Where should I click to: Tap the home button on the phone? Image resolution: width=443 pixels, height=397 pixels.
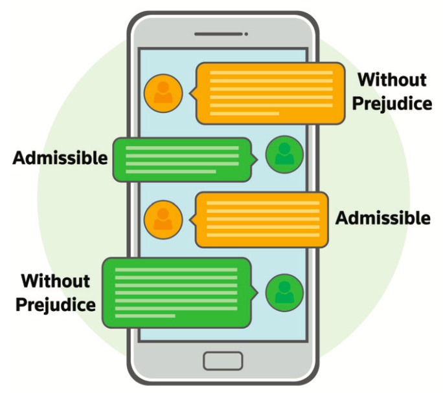[x=223, y=361]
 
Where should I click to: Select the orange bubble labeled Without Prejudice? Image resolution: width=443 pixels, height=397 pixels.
[x=271, y=93]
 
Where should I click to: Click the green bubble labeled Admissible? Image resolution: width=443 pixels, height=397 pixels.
[x=181, y=159]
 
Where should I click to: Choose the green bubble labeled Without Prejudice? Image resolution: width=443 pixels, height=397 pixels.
[x=176, y=292]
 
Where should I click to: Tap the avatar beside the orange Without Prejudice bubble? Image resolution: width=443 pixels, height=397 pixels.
[x=163, y=94]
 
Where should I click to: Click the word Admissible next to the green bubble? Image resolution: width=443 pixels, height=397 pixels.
[x=60, y=157]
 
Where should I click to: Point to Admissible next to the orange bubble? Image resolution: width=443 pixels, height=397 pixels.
[x=382, y=218]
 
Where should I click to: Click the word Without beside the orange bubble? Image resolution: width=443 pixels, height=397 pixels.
[x=392, y=80]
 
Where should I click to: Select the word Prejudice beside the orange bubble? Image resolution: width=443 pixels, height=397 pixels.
[x=392, y=103]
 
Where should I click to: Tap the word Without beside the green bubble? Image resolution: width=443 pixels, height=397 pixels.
[x=55, y=281]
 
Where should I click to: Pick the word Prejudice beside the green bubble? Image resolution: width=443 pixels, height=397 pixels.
[x=56, y=304]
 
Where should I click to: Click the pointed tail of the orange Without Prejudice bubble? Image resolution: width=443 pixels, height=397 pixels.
[x=192, y=94]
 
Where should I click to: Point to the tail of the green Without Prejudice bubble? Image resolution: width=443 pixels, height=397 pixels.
[x=255, y=293]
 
